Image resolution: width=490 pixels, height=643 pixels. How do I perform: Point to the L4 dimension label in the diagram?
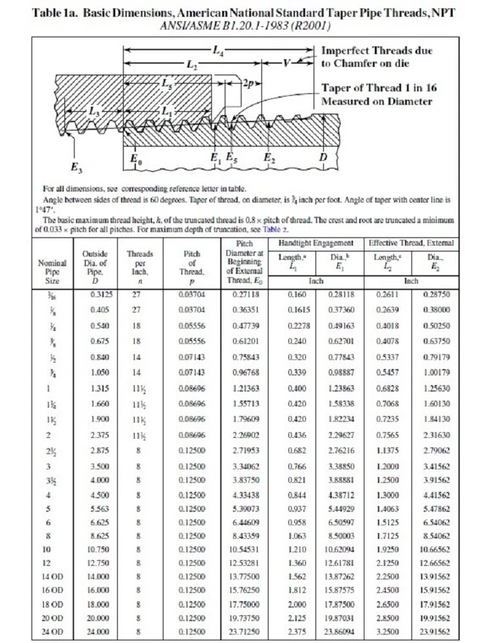[219, 50]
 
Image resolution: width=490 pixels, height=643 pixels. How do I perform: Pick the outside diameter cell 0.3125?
[101, 293]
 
